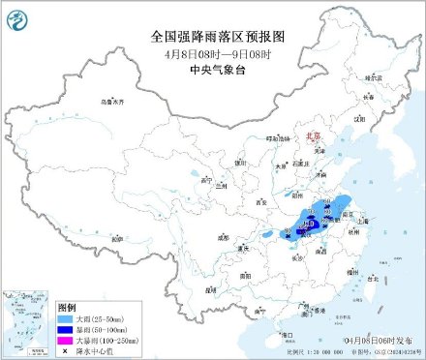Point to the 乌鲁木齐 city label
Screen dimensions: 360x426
[x=113, y=100]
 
